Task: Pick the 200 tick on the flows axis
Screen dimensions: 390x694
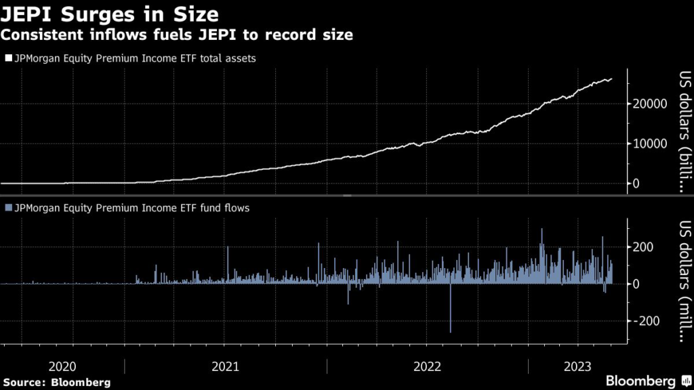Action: (643, 247)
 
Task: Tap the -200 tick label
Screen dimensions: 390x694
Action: (645, 321)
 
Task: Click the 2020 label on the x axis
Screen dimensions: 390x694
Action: (63, 366)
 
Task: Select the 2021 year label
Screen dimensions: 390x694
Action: (225, 366)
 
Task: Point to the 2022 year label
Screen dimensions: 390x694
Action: (428, 366)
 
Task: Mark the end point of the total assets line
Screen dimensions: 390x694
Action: (611, 79)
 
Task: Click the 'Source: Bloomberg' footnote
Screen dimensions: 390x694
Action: (56, 383)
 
